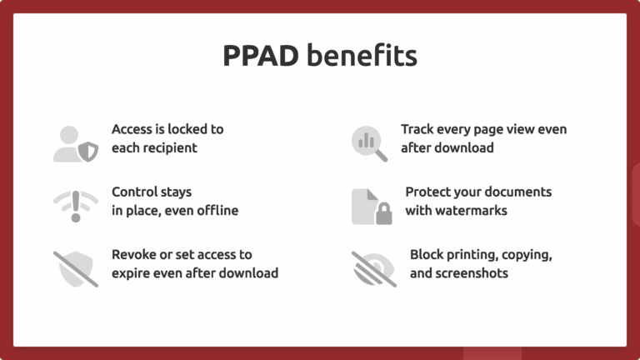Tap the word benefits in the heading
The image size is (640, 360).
click(362, 57)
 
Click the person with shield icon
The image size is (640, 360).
click(75, 143)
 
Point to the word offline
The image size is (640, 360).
click(214, 210)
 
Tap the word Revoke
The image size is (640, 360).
click(134, 254)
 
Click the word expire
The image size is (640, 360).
click(133, 272)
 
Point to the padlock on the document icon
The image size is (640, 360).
click(382, 215)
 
